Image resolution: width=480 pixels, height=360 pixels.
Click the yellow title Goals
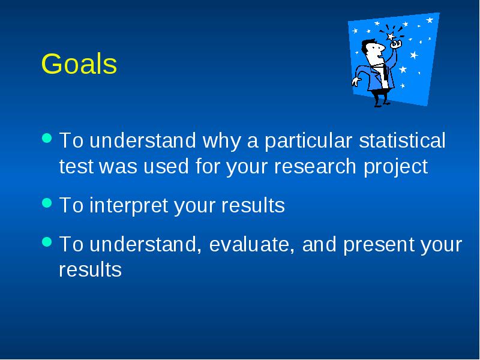click(x=79, y=64)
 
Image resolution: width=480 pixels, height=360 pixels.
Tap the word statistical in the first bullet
click(x=402, y=140)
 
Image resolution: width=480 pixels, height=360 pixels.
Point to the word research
click(x=315, y=166)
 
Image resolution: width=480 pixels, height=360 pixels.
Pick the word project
click(x=395, y=167)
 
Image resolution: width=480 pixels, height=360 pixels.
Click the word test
click(x=76, y=167)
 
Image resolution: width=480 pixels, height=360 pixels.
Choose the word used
click(x=166, y=166)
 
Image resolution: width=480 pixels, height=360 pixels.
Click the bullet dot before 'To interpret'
click(x=47, y=203)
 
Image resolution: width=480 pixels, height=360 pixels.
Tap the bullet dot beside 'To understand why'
click(x=47, y=138)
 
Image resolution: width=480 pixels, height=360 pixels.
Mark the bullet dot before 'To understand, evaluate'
click(x=47, y=242)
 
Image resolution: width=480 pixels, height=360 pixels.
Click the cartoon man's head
click(x=372, y=50)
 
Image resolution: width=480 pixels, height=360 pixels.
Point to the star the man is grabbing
click(x=391, y=37)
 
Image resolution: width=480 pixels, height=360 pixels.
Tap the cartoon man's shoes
click(x=382, y=103)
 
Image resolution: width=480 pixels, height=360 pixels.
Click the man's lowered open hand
click(x=356, y=82)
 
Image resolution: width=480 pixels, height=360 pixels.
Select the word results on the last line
click(x=91, y=269)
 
